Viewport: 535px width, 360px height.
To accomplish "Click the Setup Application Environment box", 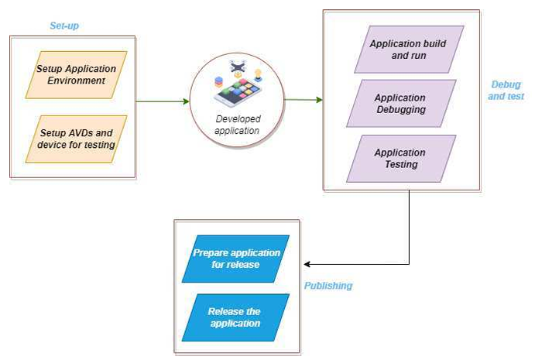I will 76,74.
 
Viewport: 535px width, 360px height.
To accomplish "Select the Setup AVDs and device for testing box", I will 76,139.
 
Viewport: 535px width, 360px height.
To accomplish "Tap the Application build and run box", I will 407,50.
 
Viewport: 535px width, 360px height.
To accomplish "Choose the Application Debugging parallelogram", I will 400,104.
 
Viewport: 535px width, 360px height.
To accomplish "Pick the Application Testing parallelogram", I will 400,159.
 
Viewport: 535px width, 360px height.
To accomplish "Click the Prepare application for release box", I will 236,259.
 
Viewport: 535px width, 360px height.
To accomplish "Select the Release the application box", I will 235,317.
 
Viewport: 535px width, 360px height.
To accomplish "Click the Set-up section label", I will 64,26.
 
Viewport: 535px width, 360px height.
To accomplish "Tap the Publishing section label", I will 328,286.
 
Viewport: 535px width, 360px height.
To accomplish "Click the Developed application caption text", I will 237,125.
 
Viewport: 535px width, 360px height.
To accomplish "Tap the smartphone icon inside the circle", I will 238,93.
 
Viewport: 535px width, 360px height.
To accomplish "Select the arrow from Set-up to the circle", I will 163,101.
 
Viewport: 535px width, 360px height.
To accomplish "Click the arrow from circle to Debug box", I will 304,100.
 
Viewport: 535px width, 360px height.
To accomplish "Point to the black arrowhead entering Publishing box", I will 307,264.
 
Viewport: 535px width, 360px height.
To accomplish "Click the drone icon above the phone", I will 237,67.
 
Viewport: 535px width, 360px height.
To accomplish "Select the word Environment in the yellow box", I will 76,81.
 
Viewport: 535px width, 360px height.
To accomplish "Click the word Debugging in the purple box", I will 400,110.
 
